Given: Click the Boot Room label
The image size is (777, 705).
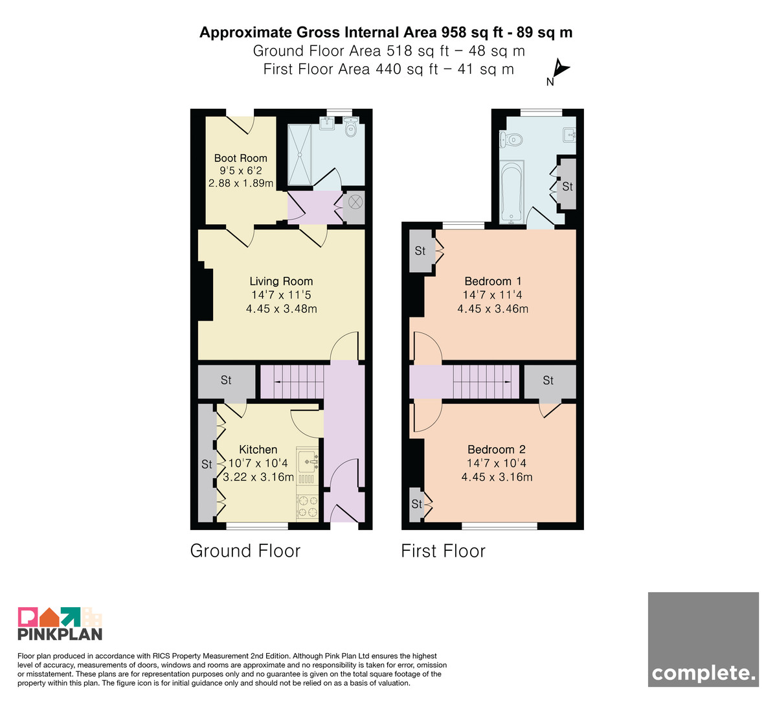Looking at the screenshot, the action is pyautogui.click(x=240, y=158).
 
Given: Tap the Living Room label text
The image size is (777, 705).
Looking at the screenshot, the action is pyautogui.click(x=281, y=281).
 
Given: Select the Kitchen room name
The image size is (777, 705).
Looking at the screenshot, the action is pyautogui.click(x=258, y=450).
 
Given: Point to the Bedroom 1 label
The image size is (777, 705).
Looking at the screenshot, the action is pyautogui.click(x=493, y=281).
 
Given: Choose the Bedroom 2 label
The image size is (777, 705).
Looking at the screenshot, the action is pyautogui.click(x=496, y=450).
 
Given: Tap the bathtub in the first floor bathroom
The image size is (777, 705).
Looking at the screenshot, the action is pyautogui.click(x=512, y=192).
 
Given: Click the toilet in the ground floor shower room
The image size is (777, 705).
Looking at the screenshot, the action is pyautogui.click(x=350, y=127).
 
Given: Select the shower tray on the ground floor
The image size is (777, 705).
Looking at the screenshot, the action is pyautogui.click(x=299, y=155).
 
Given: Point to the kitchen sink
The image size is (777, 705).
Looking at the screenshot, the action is pyautogui.click(x=308, y=461).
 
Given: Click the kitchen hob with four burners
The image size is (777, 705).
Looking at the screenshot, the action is pyautogui.click(x=308, y=507).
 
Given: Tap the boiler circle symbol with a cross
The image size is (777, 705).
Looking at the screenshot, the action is pyautogui.click(x=355, y=202).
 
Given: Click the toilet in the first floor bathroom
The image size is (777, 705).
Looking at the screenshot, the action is pyautogui.click(x=512, y=139).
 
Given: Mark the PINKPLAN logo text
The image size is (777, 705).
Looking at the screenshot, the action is pyautogui.click(x=60, y=634).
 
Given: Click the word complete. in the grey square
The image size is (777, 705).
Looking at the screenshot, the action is pyautogui.click(x=703, y=673).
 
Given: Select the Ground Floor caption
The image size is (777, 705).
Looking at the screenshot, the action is pyautogui.click(x=245, y=551).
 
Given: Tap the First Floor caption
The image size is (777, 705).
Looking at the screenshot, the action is pyautogui.click(x=443, y=551).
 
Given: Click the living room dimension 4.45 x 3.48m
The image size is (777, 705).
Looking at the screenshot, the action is pyautogui.click(x=281, y=308).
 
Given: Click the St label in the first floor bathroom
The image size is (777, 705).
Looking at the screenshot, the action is pyautogui.click(x=567, y=187).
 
